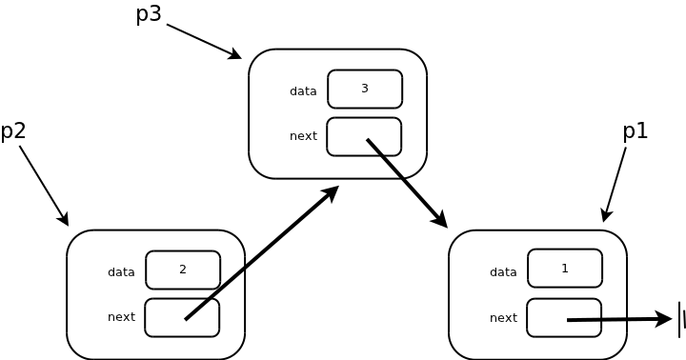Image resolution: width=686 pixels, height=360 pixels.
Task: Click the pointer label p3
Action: tap(150, 14)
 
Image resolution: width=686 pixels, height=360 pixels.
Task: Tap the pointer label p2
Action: tap(13, 131)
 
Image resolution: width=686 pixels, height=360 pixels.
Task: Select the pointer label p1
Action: tap(636, 131)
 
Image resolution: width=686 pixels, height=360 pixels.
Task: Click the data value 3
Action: tap(365, 89)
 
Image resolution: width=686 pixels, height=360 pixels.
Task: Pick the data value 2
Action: tap(183, 270)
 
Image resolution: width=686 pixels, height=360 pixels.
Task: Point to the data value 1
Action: tap(565, 269)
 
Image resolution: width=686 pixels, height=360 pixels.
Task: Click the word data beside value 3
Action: tap(303, 91)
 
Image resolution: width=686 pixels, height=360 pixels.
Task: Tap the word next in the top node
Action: tap(303, 136)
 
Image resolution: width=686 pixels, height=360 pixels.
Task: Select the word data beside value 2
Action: tap(121, 272)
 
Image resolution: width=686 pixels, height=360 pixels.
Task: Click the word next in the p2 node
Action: tap(121, 317)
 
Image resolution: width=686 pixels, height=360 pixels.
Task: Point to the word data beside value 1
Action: tap(503, 272)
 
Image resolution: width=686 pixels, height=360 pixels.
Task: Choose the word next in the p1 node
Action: tap(503, 317)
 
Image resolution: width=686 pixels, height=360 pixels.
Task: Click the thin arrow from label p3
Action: tap(204, 42)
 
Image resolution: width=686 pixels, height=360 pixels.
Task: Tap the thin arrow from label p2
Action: tap(44, 186)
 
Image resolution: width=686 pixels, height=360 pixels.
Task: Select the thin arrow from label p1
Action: tap(615, 185)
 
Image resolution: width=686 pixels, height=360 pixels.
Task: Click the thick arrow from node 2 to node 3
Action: tap(262, 252)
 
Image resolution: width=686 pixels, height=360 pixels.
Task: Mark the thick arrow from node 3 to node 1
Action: tap(407, 183)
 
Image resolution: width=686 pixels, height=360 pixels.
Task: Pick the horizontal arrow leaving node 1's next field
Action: tap(619, 320)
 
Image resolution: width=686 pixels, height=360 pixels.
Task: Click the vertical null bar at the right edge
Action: tap(679, 319)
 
